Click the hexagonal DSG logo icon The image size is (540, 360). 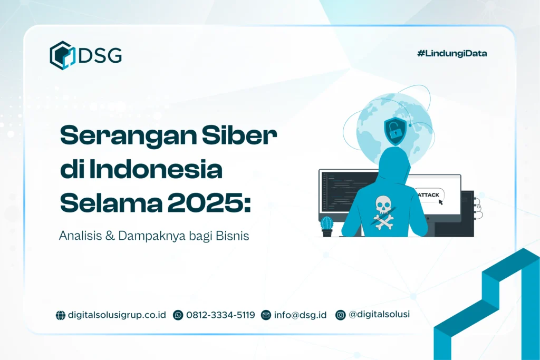62,55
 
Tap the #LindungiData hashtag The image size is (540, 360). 451,53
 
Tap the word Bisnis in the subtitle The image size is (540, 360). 232,236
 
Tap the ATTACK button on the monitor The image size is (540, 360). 429,195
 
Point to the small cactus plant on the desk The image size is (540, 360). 327,226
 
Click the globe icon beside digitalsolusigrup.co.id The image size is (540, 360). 61,315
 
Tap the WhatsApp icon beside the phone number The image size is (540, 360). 178,315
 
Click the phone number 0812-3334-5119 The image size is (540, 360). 220,315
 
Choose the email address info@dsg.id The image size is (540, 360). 300,315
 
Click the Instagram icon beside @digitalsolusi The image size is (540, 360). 341,315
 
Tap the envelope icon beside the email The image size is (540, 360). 266,315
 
